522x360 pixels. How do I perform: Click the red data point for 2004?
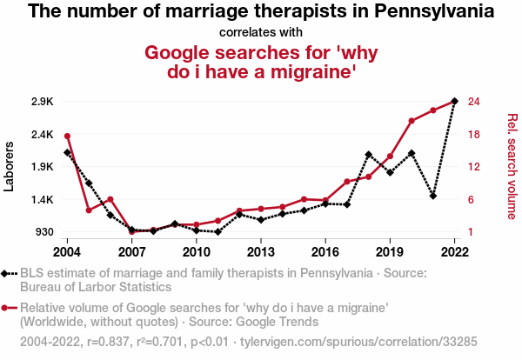click(67, 136)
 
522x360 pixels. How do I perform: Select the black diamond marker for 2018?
click(369, 155)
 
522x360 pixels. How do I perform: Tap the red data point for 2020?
click(412, 120)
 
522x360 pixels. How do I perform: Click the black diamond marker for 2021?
click(433, 197)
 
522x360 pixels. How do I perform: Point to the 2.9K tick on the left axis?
click(42, 102)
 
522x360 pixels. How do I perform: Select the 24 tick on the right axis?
click(473, 102)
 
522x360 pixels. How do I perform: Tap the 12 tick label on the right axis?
click(473, 167)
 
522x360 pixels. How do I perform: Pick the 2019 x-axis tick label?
click(390, 252)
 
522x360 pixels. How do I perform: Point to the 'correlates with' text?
click(261, 33)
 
